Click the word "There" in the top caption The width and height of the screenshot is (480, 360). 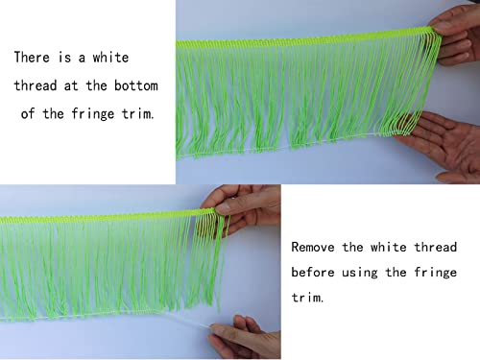[33, 58]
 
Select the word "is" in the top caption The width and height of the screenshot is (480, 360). [66, 58]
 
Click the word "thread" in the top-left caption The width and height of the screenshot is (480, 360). [36, 85]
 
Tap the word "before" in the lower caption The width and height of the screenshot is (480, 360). [314, 272]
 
